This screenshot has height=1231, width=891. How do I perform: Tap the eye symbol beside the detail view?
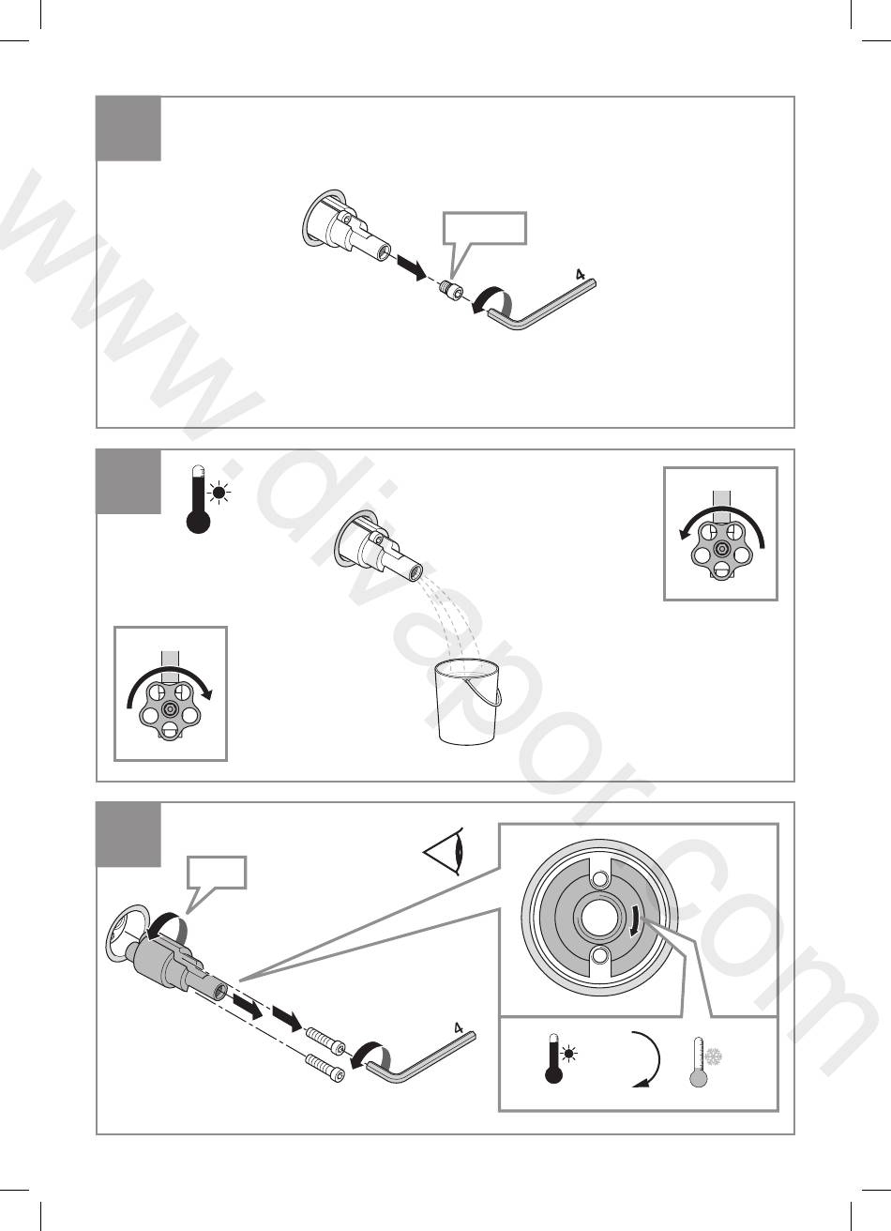click(x=445, y=851)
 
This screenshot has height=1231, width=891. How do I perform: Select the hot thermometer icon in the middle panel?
click(x=206, y=499)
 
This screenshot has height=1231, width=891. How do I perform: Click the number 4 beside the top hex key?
click(x=580, y=274)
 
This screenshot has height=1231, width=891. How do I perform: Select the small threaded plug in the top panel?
click(x=452, y=288)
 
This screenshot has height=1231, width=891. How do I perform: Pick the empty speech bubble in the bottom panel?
click(x=217, y=873)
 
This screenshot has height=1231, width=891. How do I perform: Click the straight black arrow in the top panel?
click(x=411, y=266)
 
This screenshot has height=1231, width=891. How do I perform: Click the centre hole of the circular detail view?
click(x=598, y=916)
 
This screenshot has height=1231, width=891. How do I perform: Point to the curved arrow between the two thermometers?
click(x=647, y=1059)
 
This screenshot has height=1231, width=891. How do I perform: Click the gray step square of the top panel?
click(x=128, y=129)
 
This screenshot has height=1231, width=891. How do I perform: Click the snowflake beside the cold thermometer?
click(x=713, y=1056)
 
